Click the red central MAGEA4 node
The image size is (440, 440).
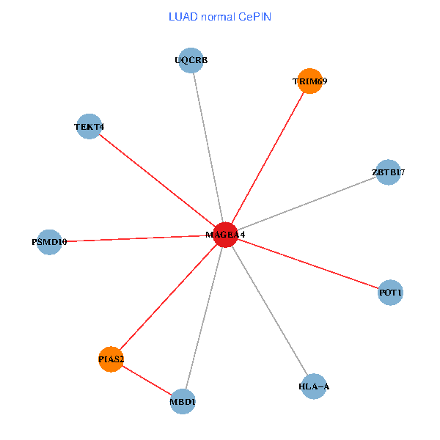pyautogui.click(x=226, y=235)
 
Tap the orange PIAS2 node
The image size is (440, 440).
pyautogui.click(x=111, y=359)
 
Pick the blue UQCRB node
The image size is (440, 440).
pyautogui.click(x=191, y=61)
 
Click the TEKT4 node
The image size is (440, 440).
pyautogui.click(x=89, y=126)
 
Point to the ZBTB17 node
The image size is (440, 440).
pyautogui.click(x=388, y=172)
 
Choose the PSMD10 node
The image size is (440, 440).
pyautogui.click(x=49, y=241)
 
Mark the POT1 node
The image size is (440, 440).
pyautogui.click(x=390, y=293)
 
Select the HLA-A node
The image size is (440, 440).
pyautogui.click(x=314, y=386)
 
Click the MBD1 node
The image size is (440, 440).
pyautogui.click(x=183, y=401)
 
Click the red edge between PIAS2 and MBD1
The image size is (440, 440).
pyautogui.click(x=147, y=380)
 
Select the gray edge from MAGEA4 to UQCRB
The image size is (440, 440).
pyautogui.click(x=208, y=147)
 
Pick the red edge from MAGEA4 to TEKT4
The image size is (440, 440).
pyautogui.click(x=157, y=180)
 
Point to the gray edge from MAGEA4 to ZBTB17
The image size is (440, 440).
pyautogui.click(x=307, y=204)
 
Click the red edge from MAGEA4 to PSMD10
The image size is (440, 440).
pyautogui.click(x=137, y=238)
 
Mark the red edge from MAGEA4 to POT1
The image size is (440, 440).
pyautogui.click(x=308, y=264)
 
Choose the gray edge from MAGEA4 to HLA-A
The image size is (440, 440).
pyautogui.click(x=270, y=310)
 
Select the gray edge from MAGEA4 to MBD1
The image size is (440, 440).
pyautogui.click(x=204, y=318)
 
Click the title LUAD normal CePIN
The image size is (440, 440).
pyautogui.click(x=220, y=16)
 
